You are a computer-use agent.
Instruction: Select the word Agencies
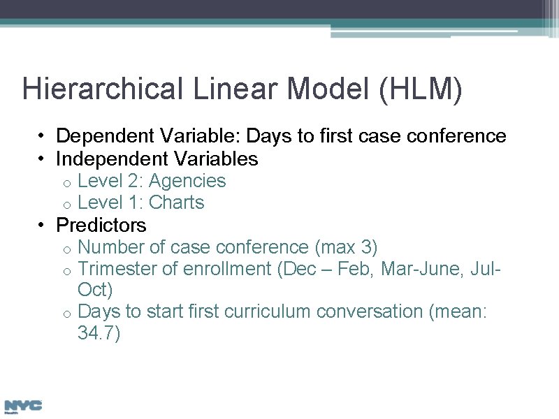(187, 181)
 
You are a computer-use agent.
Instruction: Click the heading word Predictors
(101, 226)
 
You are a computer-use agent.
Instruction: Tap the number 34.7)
(99, 334)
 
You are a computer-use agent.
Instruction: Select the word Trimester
(117, 269)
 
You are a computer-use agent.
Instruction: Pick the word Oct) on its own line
(95, 289)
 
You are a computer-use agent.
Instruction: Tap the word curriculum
(266, 311)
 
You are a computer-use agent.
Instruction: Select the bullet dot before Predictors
(43, 226)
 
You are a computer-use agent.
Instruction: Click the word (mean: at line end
(458, 311)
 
